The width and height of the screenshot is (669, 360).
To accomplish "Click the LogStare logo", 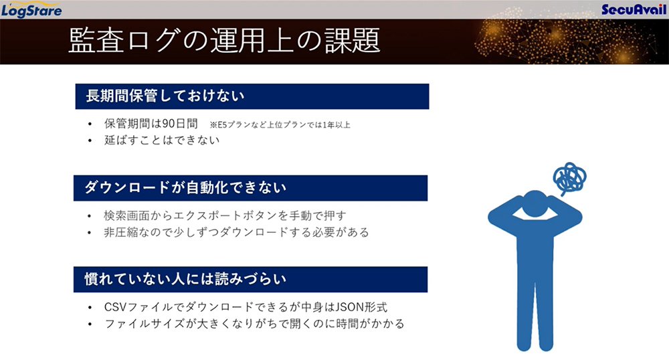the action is pyautogui.click(x=31, y=10).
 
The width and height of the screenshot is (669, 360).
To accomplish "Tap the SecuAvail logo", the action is pyautogui.click(x=634, y=9).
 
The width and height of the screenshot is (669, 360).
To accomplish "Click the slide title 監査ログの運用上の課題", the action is pyautogui.click(x=224, y=41).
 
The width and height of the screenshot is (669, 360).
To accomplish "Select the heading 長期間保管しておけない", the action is pyautogui.click(x=165, y=96).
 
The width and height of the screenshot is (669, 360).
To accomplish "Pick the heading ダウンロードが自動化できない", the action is pyautogui.click(x=185, y=187).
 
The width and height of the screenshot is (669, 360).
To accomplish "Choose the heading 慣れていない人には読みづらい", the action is pyautogui.click(x=185, y=280).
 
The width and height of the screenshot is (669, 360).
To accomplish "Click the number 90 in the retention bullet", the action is pyautogui.click(x=169, y=124).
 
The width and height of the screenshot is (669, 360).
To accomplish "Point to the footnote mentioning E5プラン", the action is pyautogui.click(x=280, y=125).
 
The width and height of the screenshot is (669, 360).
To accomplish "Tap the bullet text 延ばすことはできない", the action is pyautogui.click(x=162, y=140).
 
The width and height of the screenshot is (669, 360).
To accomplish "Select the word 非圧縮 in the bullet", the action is pyautogui.click(x=121, y=232).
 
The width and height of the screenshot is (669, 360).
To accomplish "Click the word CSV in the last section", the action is pyautogui.click(x=115, y=307).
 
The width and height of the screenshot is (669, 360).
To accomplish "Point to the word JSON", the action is pyautogui.click(x=351, y=307).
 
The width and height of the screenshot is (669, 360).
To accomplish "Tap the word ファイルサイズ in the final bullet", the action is pyautogui.click(x=145, y=324).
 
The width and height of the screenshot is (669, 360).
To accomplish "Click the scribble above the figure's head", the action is pyautogui.click(x=569, y=178).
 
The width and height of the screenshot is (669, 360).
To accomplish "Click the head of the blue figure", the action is pyautogui.click(x=535, y=205).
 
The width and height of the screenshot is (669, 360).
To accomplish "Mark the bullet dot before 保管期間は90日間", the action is pyautogui.click(x=90, y=124).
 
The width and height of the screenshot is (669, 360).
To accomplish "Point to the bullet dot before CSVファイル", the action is pyautogui.click(x=90, y=308).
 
